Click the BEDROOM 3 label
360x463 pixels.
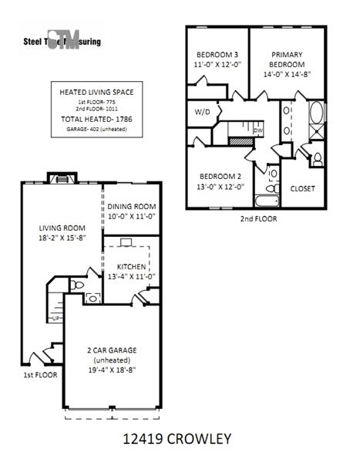pos(216,55)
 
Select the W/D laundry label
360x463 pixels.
pos(202,113)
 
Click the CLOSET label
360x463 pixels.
pos(302,188)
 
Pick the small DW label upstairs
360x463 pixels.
pos(258,130)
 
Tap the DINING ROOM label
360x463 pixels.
pos(132,207)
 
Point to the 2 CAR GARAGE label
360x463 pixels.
pos(112,350)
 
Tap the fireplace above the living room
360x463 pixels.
pos(59,179)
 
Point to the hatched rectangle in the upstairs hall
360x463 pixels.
pos(240,142)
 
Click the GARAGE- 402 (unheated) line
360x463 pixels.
pos(96,130)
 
